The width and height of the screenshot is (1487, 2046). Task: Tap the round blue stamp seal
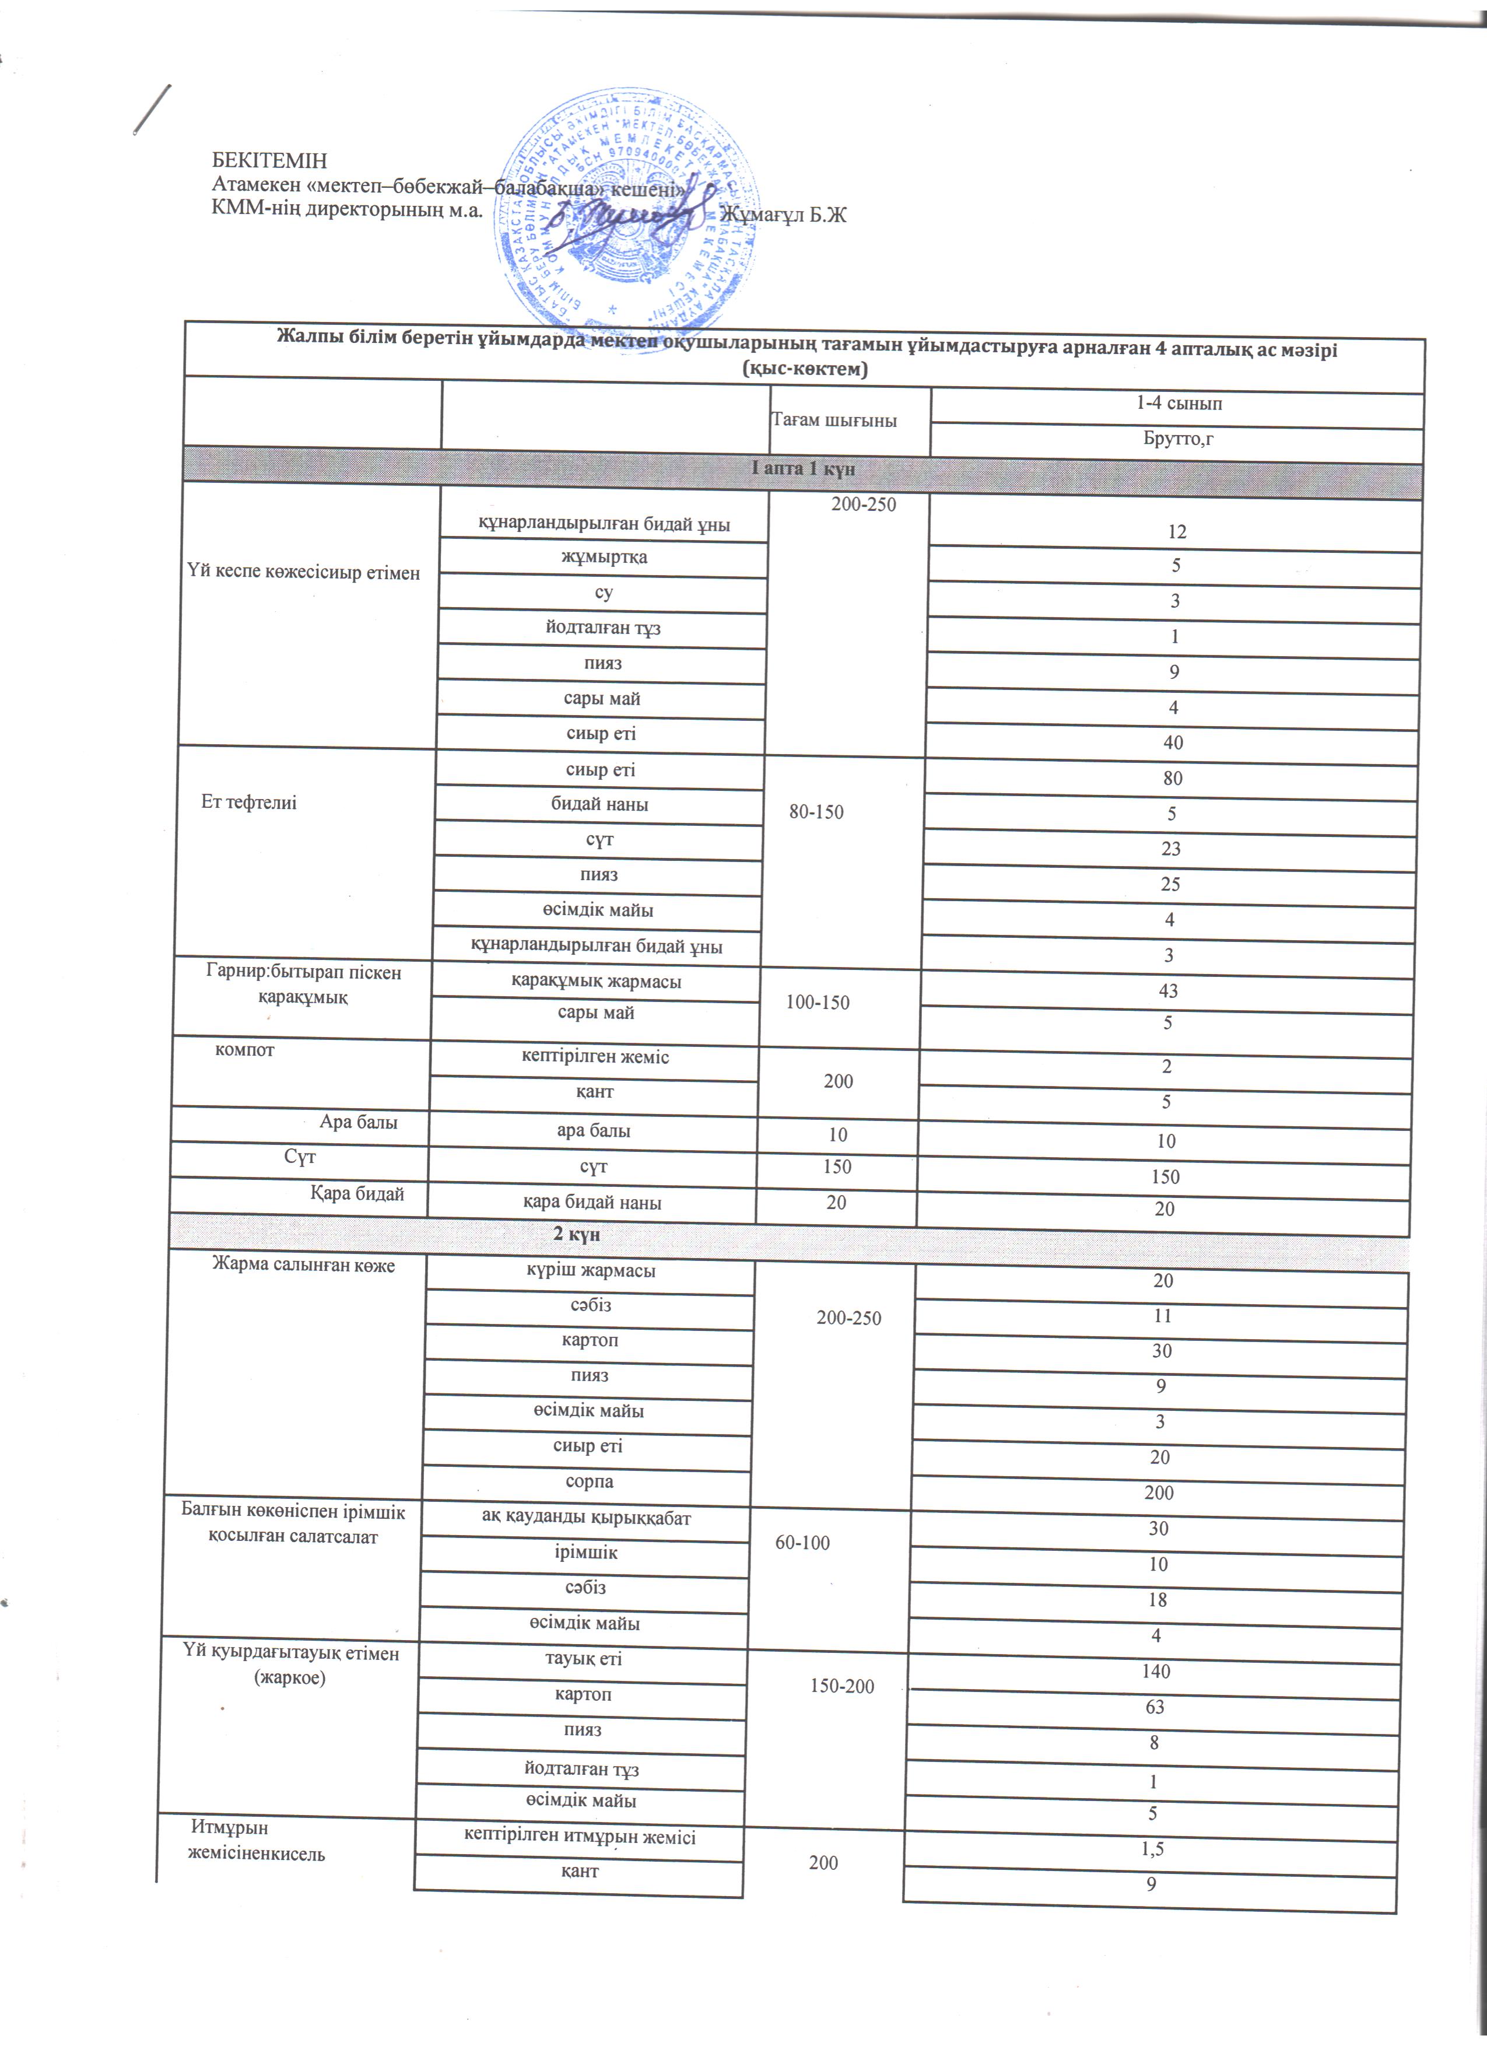tap(626, 214)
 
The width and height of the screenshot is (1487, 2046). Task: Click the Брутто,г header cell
tap(1179, 439)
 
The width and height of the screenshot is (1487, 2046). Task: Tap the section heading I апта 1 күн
tap(802, 468)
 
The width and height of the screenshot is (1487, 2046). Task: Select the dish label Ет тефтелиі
tap(249, 802)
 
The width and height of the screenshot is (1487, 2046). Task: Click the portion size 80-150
tap(816, 812)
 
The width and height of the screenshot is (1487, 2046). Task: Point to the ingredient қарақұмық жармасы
tap(596, 982)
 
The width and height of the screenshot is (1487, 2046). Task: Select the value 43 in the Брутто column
tap(1168, 990)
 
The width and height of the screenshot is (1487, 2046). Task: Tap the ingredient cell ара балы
tap(594, 1130)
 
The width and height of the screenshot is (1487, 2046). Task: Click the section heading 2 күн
tap(577, 1234)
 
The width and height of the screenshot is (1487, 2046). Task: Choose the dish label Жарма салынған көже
tap(304, 1265)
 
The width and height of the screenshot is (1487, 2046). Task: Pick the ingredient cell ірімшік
tap(586, 1553)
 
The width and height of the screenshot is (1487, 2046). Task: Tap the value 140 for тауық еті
tap(1156, 1672)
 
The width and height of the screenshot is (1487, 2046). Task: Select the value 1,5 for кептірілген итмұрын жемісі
tap(1152, 1848)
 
